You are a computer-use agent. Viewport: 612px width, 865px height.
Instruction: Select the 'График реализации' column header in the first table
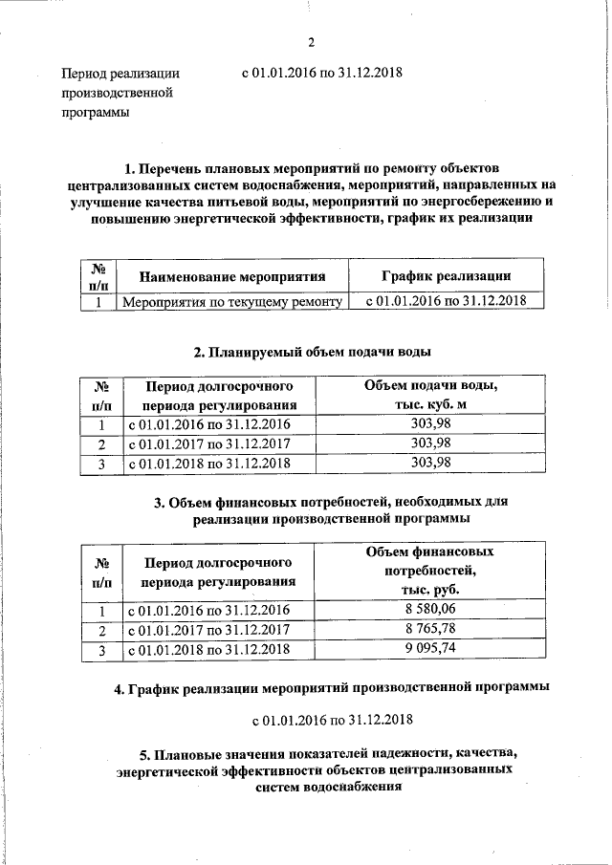pyautogui.click(x=445, y=276)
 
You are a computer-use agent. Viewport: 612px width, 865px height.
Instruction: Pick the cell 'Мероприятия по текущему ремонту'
pyautogui.click(x=231, y=302)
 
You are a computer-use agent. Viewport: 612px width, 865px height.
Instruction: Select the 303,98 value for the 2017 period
pyautogui.click(x=430, y=443)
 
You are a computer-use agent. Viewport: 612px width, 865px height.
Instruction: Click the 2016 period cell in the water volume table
pyautogui.click(x=208, y=424)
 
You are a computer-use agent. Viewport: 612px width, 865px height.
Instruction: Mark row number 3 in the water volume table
pyautogui.click(x=100, y=464)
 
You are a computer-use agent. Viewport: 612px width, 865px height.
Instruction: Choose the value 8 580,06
pyautogui.click(x=430, y=610)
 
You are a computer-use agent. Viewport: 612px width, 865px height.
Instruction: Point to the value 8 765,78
pyautogui.click(x=430, y=630)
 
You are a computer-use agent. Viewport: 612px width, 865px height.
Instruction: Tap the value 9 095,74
pyautogui.click(x=430, y=650)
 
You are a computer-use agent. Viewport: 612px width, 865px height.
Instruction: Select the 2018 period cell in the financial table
pyautogui.click(x=208, y=650)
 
